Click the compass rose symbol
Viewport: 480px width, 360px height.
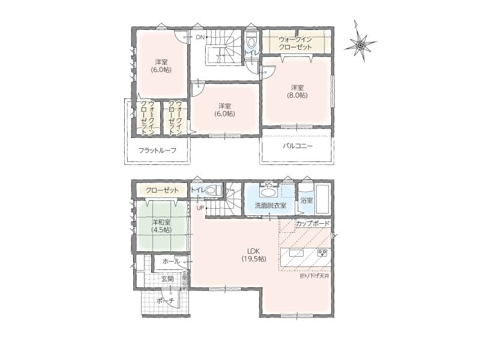[x=361, y=46]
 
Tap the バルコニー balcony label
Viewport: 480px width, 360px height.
[x=297, y=146]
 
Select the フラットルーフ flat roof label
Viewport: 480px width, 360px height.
[x=157, y=151]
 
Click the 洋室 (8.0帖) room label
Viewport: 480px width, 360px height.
[x=297, y=91]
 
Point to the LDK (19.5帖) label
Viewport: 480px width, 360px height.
[x=253, y=254]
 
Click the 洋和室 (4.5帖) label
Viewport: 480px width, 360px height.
[x=161, y=226]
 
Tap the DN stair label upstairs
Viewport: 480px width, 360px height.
[x=200, y=38]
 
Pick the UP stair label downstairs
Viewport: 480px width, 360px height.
[x=200, y=208]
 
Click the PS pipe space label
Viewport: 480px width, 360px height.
[x=269, y=184]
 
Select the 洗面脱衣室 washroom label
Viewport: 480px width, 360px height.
[x=271, y=205]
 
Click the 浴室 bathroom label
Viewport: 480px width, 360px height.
[x=307, y=201]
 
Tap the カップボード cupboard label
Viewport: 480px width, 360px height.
[x=313, y=223]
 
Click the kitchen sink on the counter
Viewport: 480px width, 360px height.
[x=296, y=253]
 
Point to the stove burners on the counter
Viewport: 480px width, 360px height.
[x=322, y=253]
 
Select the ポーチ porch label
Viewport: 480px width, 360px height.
[x=165, y=301]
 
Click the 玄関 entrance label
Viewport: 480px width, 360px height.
[x=167, y=279]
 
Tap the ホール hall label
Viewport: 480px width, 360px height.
[x=171, y=262]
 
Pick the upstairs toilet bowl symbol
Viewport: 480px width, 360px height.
[x=251, y=41]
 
